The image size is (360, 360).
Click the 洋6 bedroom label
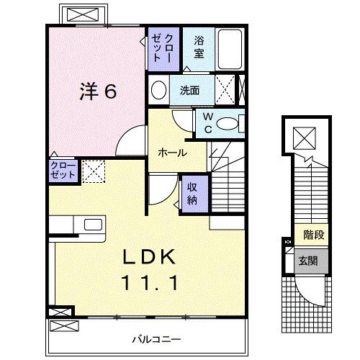pyautogui.click(x=98, y=91)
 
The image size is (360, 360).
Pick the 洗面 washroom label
pyautogui.click(x=189, y=91)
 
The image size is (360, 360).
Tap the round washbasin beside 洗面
pyautogui.click(x=159, y=91)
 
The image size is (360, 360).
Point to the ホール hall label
pyautogui.click(x=173, y=153)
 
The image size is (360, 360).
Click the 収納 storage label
pyautogui.click(x=192, y=192)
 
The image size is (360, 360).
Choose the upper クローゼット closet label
pyautogui.click(x=162, y=48)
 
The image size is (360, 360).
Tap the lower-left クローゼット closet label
pyautogui.click(x=63, y=171)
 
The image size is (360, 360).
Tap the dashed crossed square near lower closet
pyautogui.click(x=93, y=171)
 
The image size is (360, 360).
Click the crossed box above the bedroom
pyautogui.click(x=84, y=14)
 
